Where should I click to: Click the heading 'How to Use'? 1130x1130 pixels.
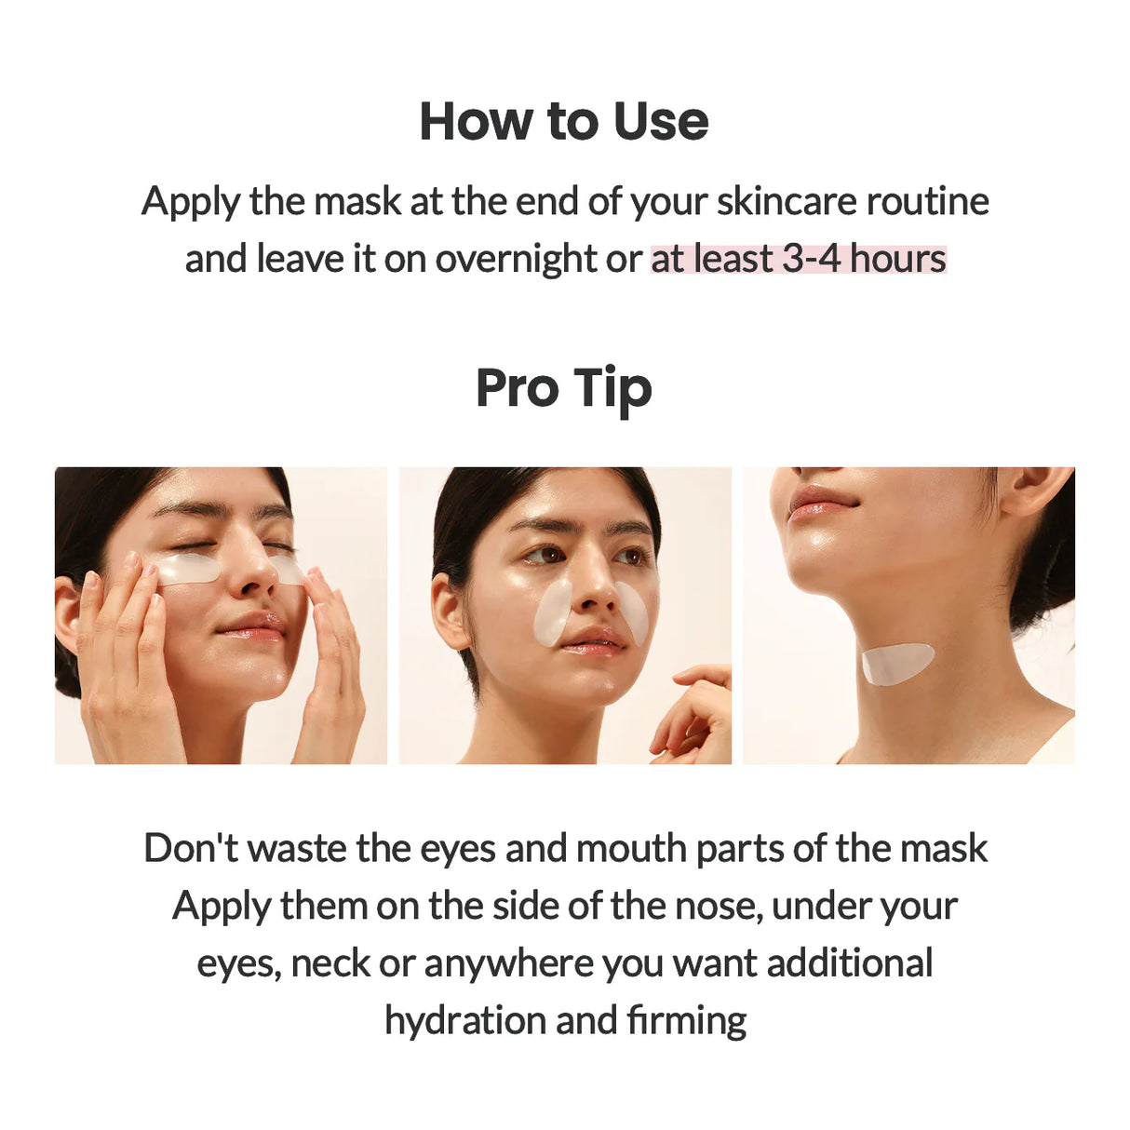point(564,122)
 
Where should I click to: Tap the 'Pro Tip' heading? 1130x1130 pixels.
point(564,388)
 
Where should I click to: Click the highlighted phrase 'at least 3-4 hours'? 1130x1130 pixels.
point(799,259)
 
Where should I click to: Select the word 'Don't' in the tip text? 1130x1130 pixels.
point(190,848)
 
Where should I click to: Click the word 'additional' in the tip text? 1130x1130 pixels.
point(849,963)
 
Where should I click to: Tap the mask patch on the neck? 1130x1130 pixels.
point(895,663)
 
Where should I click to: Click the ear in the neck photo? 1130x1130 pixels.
point(1033,489)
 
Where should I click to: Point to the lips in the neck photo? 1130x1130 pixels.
point(821,503)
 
